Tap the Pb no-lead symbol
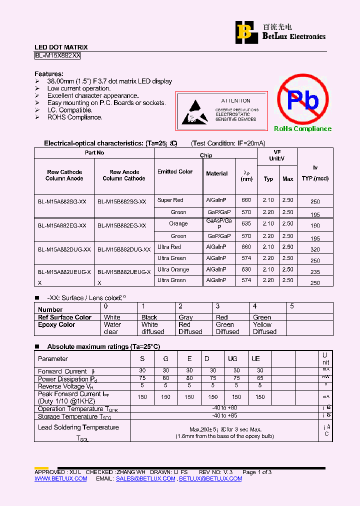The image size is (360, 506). click(x=302, y=99)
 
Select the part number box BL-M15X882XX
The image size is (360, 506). click(x=57, y=56)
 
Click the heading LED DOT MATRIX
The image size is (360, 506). click(x=61, y=47)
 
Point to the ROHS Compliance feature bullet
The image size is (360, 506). click(x=74, y=117)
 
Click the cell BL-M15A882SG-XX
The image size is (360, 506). click(x=62, y=201)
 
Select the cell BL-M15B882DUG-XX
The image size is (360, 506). click(x=124, y=249)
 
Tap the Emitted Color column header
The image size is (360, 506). click(x=175, y=172)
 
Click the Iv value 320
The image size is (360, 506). click(x=315, y=249)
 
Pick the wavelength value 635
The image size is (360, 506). click(x=246, y=224)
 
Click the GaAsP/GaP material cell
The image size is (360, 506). click(x=219, y=223)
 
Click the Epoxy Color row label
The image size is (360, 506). click(x=56, y=325)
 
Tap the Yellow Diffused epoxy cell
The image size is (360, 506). click(x=264, y=328)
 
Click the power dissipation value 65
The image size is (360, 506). click(x=260, y=378)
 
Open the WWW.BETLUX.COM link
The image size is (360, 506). click(x=60, y=478)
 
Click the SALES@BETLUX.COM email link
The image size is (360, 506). click(x=145, y=478)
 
